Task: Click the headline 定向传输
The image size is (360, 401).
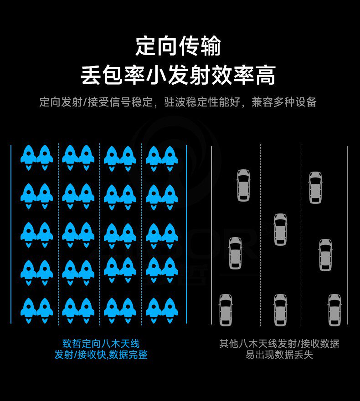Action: (178, 46)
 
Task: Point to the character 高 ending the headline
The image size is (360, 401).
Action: (266, 75)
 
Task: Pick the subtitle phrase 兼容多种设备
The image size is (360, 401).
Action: (284, 102)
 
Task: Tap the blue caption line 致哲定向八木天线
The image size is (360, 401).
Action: (101, 344)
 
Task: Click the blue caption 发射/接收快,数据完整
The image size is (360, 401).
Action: (101, 355)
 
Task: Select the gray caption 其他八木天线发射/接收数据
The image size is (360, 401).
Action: (279, 344)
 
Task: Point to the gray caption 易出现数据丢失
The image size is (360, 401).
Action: (279, 355)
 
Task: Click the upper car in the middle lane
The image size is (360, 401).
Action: (280, 229)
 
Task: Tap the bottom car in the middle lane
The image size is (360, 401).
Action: (280, 310)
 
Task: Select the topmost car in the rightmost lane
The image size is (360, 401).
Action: (315, 187)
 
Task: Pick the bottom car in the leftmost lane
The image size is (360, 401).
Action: (226, 310)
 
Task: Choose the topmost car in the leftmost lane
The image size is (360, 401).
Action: (243, 185)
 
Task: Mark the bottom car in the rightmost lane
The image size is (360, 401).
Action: (334, 310)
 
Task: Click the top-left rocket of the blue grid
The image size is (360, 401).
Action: (29, 156)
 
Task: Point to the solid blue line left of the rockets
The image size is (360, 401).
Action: (11, 234)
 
